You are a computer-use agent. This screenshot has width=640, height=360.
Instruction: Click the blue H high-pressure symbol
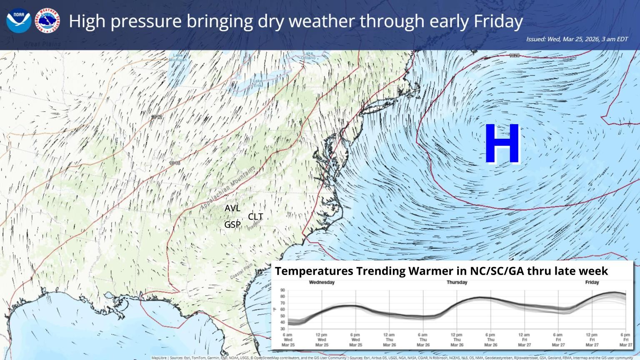tap(502, 143)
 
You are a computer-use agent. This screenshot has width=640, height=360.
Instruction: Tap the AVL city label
tap(232, 208)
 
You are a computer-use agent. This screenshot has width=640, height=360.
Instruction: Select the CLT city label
tap(255, 217)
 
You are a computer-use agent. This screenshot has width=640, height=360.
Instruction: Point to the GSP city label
tap(232, 225)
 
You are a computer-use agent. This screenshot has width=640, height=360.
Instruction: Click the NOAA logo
tap(19, 20)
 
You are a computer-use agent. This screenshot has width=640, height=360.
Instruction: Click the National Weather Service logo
tap(47, 20)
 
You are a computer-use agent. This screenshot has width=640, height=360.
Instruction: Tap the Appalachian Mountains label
tap(227, 188)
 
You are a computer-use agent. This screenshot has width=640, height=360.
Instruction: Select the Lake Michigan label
tap(178, 57)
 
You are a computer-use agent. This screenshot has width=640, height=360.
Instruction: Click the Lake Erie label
tap(258, 83)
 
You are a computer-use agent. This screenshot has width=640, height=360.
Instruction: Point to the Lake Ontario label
tap(308, 55)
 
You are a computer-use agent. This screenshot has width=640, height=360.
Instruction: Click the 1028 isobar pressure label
tap(514, 55)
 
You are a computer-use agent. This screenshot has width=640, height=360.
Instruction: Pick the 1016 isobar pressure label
tap(175, 163)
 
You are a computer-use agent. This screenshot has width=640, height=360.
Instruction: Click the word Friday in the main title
tap(498, 21)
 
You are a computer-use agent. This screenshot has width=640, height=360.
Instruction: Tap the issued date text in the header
tap(577, 39)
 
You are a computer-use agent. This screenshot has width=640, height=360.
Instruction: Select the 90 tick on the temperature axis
tap(282, 290)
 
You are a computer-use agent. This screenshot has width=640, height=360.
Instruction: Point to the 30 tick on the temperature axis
tap(282, 329)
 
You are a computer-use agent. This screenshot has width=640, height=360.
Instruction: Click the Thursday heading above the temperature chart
tap(457, 282)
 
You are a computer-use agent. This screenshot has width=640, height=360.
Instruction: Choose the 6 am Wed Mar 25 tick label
tap(287, 340)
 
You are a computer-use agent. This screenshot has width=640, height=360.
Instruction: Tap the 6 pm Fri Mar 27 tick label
tap(625, 340)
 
